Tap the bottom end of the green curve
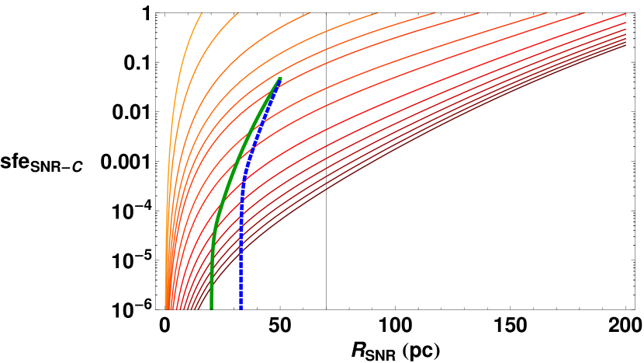pos(211,308)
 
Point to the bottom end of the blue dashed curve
pos(241,308)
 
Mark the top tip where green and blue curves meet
pos(279,79)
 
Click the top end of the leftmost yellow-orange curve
pos(202,12)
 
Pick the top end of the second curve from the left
pos(238,12)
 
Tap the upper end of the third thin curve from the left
pos(310,12)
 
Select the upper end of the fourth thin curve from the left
pos(378,12)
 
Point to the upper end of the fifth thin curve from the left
pos(435,12)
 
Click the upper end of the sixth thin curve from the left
pos(479,12)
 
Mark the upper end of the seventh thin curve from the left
pos(546,12)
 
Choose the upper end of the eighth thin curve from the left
pos(583,12)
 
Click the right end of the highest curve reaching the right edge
pos(625,14)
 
